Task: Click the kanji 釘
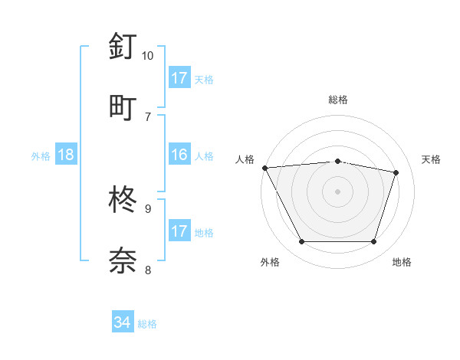123,47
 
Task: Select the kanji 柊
123,200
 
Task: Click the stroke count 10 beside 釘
147,56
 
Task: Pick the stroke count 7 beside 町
147,116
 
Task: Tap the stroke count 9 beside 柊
147,208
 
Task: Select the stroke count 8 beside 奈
147,269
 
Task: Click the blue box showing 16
179,155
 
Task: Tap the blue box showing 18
66,155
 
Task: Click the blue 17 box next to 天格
179,78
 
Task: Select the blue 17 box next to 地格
179,231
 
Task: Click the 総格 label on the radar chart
338,100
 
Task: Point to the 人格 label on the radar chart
245,159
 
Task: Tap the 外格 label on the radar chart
270,262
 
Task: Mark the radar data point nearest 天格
396,172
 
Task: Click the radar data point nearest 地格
373,242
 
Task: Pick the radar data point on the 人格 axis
264,168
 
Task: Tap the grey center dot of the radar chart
338,191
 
